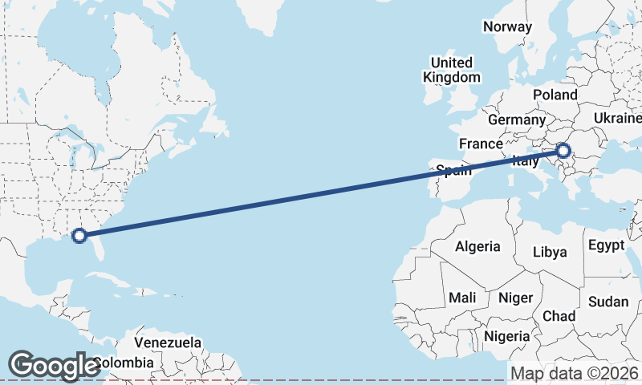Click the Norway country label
pyautogui.click(x=507, y=26)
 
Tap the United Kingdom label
pyautogui.click(x=452, y=70)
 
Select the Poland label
pyautogui.click(x=555, y=95)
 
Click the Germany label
pyautogui.click(x=516, y=120)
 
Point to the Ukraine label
pyautogui.click(x=617, y=119)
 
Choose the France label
pyautogui.click(x=481, y=144)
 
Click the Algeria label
pyautogui.click(x=477, y=247)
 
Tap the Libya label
pyautogui.click(x=551, y=252)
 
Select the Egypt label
pyautogui.click(x=606, y=245)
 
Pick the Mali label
pyautogui.click(x=462, y=298)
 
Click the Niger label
pyautogui.click(x=515, y=298)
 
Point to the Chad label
pyautogui.click(x=559, y=316)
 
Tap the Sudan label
pyautogui.click(x=609, y=302)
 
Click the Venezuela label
pyautogui.click(x=168, y=342)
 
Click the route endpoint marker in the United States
pyautogui.click(x=79, y=236)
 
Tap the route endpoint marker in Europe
pyautogui.click(x=563, y=150)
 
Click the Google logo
pyautogui.click(x=54, y=365)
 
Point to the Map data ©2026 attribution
pyautogui.click(x=574, y=373)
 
